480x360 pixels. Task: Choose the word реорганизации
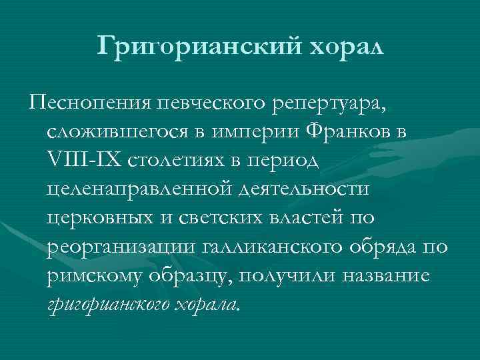pyautogui.click(x=119, y=247)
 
